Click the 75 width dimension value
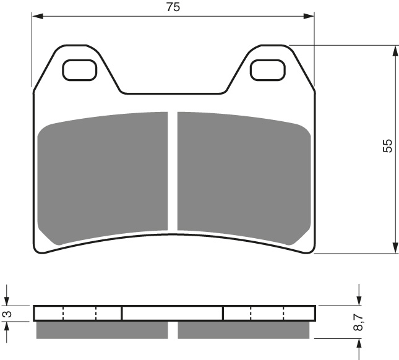pos(173,7)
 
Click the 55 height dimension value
pos(387,146)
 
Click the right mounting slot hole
pos(268,70)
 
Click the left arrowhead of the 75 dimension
pos(37,16)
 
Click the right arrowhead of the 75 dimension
pos(309,16)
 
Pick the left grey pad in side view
pos(102,330)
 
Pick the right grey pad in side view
pos(243,330)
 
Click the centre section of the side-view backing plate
pos(172,314)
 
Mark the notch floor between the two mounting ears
pos(173,93)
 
